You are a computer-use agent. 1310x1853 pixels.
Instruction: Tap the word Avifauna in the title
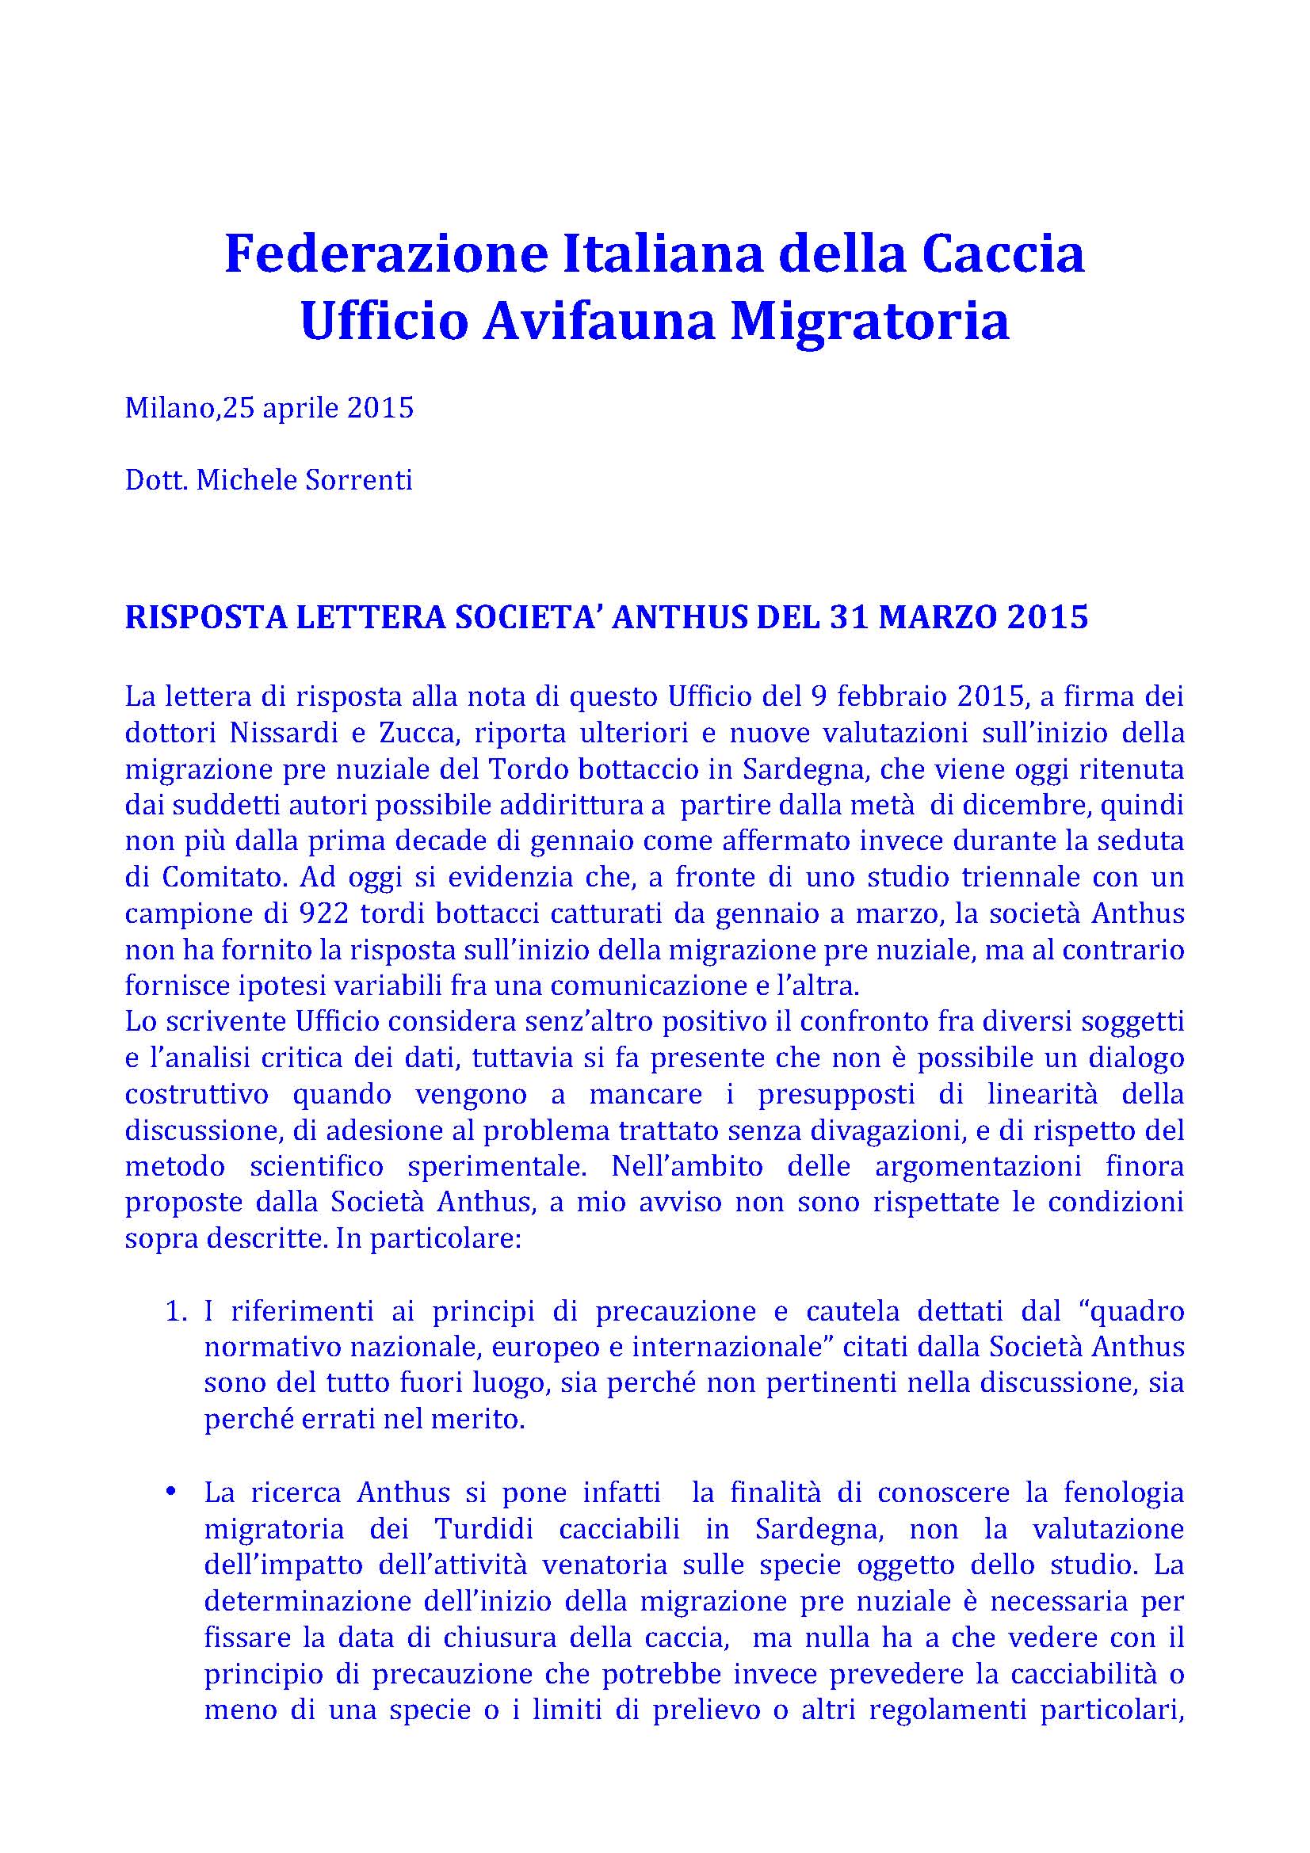point(600,321)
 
